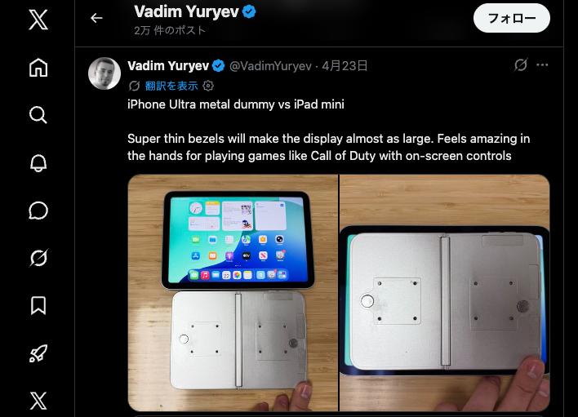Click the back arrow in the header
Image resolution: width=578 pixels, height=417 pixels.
click(x=96, y=18)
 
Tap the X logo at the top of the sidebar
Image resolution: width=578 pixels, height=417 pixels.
click(x=38, y=20)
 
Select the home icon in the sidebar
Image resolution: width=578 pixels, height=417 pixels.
click(x=38, y=68)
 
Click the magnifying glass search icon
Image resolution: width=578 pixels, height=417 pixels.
click(x=38, y=115)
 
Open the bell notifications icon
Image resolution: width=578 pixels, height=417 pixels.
click(x=38, y=162)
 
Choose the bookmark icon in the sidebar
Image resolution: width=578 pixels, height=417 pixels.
click(x=38, y=305)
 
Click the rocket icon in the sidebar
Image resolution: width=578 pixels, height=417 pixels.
click(x=38, y=353)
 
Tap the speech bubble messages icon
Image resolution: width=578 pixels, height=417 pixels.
click(x=38, y=211)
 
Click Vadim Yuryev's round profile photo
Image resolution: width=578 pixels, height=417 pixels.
click(x=104, y=73)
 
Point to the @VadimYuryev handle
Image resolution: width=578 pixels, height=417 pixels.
click(x=270, y=66)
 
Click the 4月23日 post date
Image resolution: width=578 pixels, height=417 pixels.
click(x=345, y=66)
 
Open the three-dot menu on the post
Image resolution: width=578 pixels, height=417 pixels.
click(x=542, y=65)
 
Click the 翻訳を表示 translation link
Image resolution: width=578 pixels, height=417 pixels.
click(x=171, y=86)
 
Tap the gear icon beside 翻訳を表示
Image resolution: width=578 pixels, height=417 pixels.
click(x=208, y=86)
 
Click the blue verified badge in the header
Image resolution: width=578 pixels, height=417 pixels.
click(x=249, y=11)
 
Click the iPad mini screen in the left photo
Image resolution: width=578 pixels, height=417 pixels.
click(x=237, y=237)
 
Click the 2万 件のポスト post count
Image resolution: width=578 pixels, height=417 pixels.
click(x=170, y=31)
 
